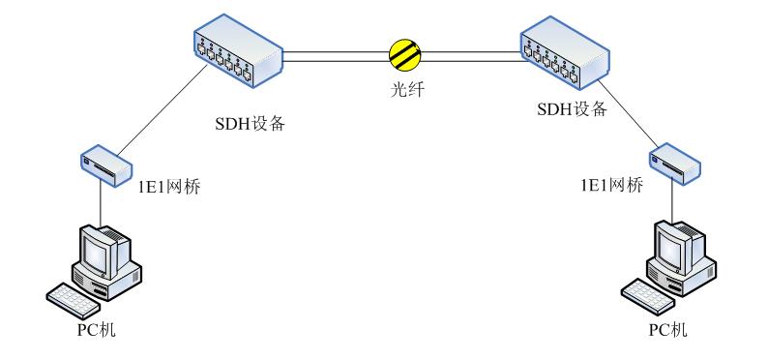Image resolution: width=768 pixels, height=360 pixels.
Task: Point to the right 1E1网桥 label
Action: pos(606,186)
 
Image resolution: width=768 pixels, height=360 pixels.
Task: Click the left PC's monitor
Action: pos(101,250)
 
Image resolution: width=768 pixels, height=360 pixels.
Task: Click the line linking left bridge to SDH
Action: pos(155,114)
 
